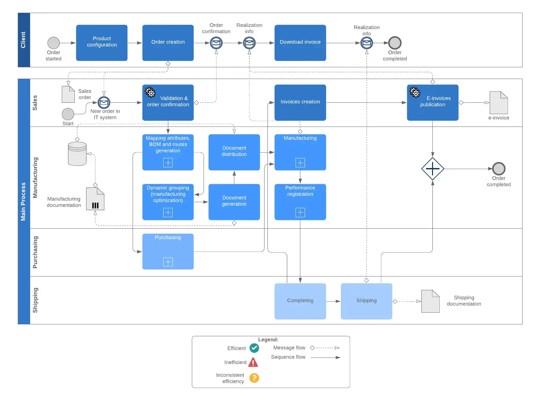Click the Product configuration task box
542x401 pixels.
[102, 43]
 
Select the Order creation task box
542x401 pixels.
[168, 43]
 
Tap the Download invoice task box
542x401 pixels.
[300, 43]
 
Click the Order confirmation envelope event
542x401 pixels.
[216, 43]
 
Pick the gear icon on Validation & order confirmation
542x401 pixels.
[150, 92]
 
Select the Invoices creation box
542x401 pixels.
[300, 102]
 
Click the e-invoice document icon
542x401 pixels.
[498, 102]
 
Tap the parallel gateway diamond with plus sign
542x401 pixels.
[432, 169]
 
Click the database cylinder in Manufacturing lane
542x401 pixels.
[77, 154]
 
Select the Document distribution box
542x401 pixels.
[234, 152]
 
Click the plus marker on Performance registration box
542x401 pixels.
[300, 212]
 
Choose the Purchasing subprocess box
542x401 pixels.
[168, 251]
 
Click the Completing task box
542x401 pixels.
[300, 301]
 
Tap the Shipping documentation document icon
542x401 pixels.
[430, 301]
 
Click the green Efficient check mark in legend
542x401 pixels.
[254, 348]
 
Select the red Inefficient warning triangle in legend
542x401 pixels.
[253, 362]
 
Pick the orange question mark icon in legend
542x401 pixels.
[254, 378]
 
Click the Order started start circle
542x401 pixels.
[54, 43]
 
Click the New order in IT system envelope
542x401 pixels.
[104, 102]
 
